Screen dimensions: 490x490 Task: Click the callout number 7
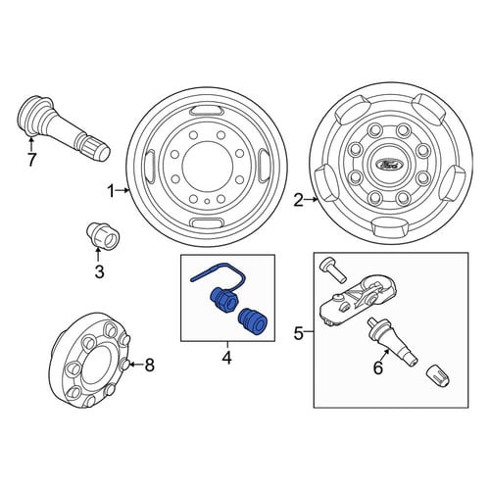(x=31, y=160)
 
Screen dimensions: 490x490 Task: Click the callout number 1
(x=112, y=191)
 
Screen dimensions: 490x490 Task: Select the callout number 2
(x=299, y=200)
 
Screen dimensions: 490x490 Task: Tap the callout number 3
(x=99, y=271)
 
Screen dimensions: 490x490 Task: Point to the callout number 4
(x=226, y=357)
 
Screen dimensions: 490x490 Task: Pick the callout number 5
(x=299, y=333)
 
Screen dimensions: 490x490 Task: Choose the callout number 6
(x=378, y=368)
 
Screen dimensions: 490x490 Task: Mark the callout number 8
(x=149, y=365)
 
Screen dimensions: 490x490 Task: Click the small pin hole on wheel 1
(x=207, y=201)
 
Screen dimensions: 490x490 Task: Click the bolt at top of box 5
(x=332, y=269)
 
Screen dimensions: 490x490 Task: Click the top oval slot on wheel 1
(x=207, y=111)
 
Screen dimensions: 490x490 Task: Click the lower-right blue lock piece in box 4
(x=253, y=322)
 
